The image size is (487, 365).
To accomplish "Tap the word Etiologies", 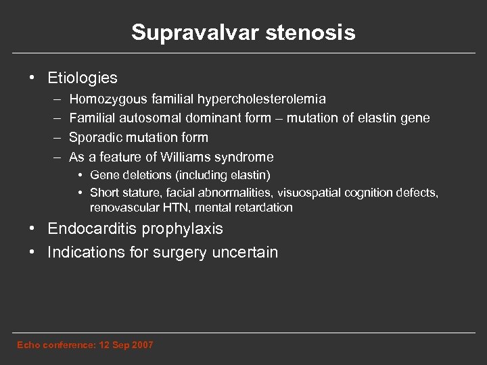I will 83,78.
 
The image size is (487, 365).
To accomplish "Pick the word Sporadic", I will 95,137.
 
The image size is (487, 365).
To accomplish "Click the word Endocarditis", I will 91,229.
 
